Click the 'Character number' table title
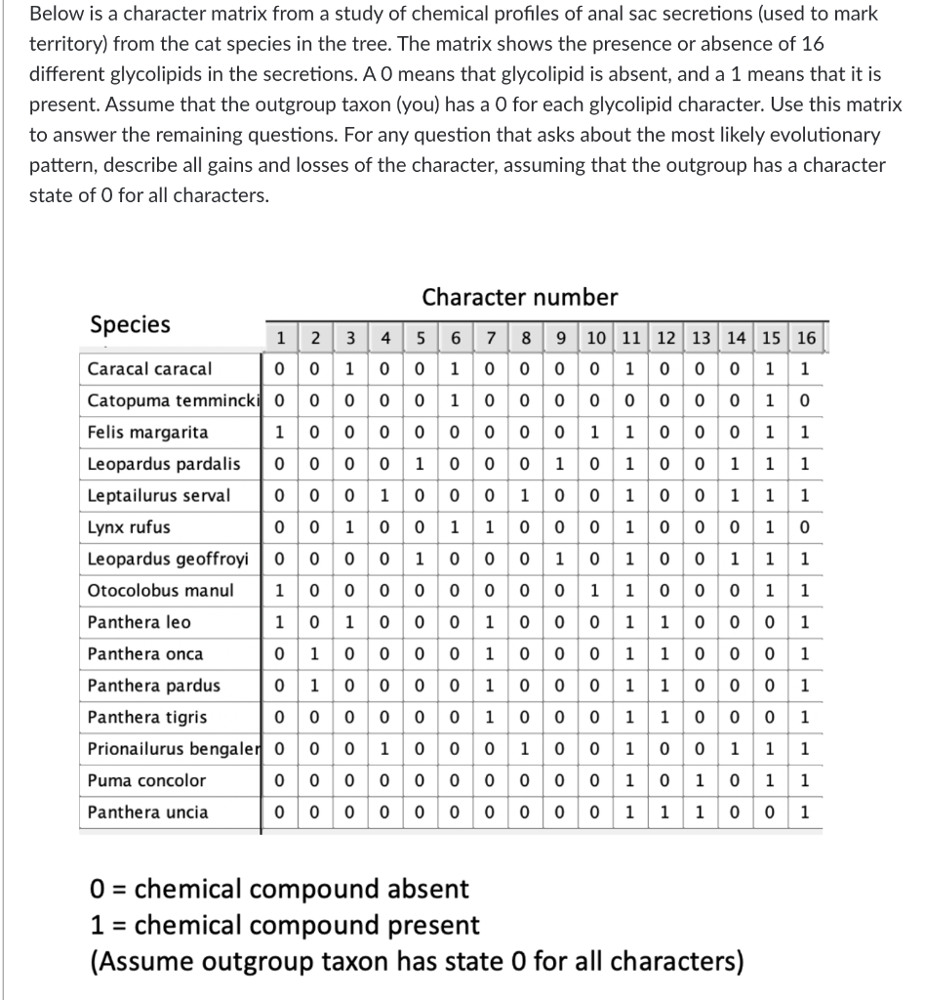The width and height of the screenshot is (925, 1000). [519, 297]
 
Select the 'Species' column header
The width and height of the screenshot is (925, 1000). [129, 324]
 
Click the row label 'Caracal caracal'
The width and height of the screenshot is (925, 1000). [149, 369]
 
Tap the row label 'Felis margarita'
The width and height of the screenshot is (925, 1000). [147, 433]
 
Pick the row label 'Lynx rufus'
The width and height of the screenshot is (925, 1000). [129, 527]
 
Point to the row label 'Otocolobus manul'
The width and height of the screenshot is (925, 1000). [147, 591]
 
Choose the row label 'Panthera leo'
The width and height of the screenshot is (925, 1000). [140, 622]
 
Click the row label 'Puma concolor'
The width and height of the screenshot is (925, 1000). [146, 780]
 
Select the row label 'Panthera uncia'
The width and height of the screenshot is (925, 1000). [147, 812]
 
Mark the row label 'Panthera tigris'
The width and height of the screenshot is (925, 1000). [147, 717]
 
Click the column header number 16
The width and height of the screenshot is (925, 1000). [805, 339]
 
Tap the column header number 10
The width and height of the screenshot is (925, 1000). [595, 339]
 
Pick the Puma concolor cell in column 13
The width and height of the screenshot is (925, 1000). [701, 780]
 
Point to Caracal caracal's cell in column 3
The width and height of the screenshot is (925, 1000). [349, 369]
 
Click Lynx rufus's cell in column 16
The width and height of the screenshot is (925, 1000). [805, 527]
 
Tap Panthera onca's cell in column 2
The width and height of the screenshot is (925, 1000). [315, 654]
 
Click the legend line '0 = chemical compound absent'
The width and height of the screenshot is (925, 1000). [279, 890]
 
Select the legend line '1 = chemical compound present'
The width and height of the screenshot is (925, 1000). [284, 925]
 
